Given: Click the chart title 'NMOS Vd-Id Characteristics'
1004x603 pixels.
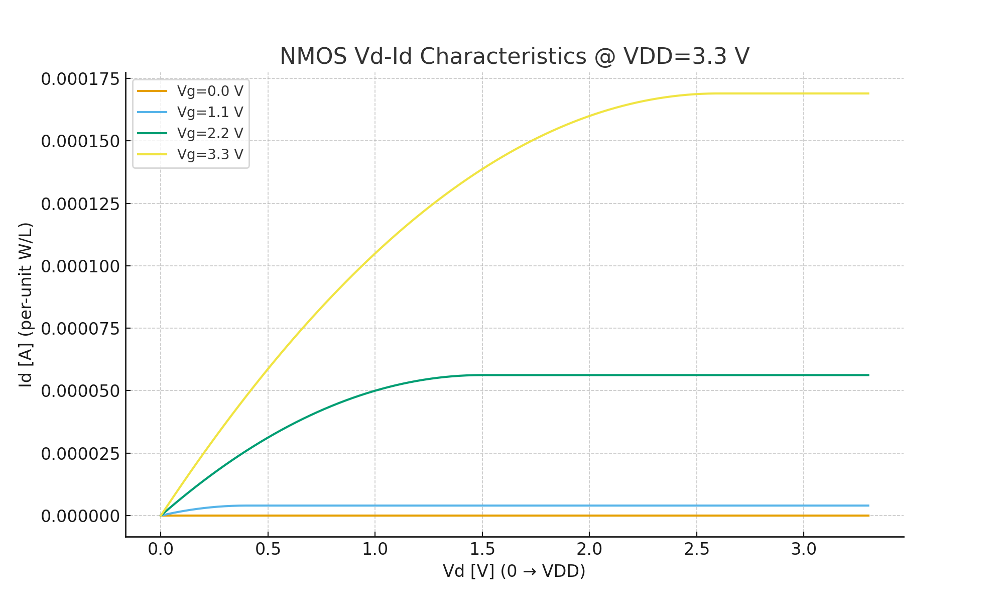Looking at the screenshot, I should tap(514, 56).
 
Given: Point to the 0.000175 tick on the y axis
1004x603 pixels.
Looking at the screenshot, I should tap(80, 79).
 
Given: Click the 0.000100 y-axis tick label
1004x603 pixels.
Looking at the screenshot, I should tap(80, 266).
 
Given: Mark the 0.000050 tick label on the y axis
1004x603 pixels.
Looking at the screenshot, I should tap(80, 391).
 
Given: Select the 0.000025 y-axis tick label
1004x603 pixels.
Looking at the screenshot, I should tap(80, 454).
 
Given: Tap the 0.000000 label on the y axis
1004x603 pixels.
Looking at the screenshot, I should tap(80, 516).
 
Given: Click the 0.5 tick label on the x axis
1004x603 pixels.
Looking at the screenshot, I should tap(268, 549).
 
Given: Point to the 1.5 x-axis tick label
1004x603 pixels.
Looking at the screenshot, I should tap(482, 549).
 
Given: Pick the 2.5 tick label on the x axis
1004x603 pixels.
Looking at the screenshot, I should tap(696, 549).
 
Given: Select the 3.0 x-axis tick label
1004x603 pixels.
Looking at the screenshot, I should tap(804, 549).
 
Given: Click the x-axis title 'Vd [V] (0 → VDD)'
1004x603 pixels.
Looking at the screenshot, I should tap(514, 571).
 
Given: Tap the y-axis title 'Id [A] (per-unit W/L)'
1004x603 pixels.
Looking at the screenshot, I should tap(26, 305).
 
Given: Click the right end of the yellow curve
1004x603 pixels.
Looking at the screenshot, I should tap(868, 93).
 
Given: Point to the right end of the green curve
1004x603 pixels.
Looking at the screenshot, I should tap(868, 375).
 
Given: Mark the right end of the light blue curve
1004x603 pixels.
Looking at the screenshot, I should tap(868, 506).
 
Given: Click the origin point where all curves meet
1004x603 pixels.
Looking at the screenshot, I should tap(161, 516).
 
